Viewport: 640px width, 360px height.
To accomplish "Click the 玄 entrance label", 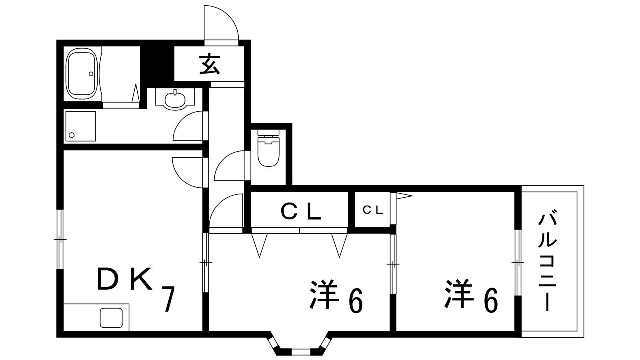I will pos(210,65).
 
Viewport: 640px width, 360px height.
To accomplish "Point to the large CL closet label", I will pos(301,211).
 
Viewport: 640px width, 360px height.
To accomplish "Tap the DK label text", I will pos(125,279).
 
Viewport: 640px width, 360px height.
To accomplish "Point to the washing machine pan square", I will pos(81,126).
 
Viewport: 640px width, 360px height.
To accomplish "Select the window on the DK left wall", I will pos(60,240).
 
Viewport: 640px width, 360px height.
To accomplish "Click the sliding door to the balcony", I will pos(518,263).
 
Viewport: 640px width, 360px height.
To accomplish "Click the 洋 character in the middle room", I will pos(323,295).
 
